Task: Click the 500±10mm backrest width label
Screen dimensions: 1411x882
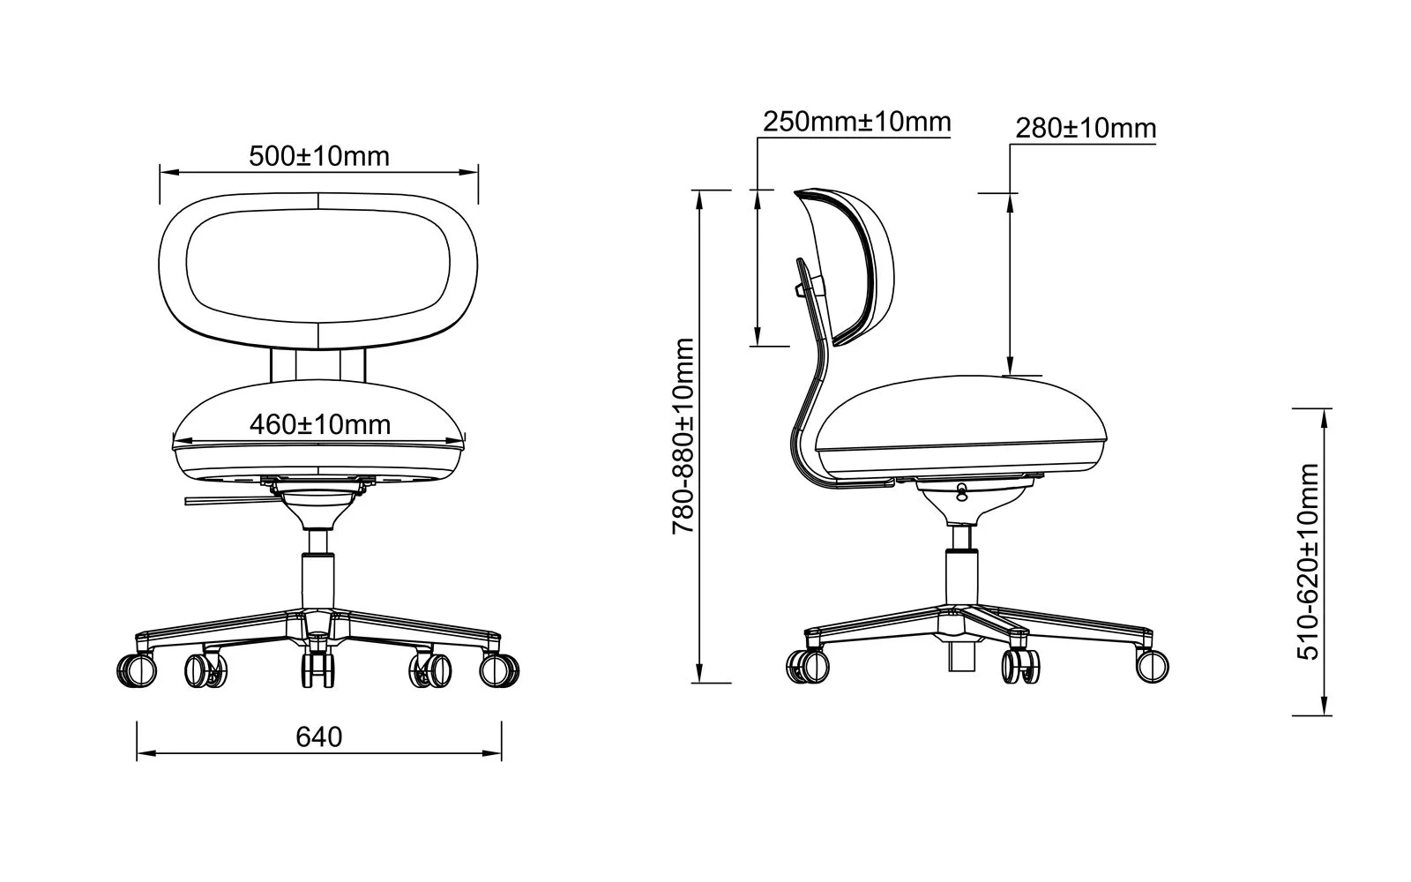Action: click(319, 156)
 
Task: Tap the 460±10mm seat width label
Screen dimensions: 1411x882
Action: click(320, 424)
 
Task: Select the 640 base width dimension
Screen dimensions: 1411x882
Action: click(318, 736)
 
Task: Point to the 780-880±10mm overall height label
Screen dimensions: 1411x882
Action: click(683, 436)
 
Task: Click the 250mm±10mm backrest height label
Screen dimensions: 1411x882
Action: click(856, 122)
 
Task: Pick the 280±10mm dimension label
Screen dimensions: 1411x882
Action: click(1086, 129)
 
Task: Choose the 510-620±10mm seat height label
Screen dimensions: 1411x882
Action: click(1308, 561)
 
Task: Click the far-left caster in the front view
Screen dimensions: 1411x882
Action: click(136, 669)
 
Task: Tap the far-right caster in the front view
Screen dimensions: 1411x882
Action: click(499, 669)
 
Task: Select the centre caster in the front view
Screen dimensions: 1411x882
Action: click(318, 669)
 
